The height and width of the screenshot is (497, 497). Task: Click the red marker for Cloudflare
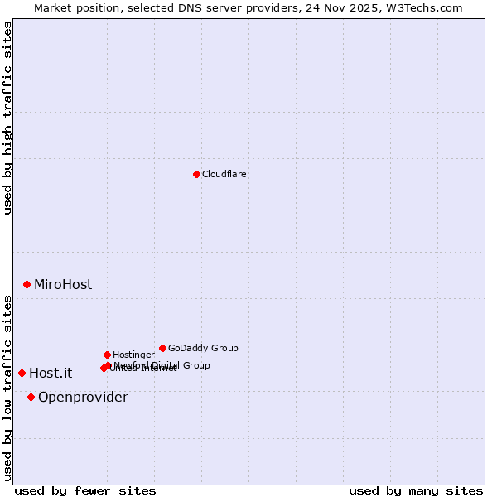[x=196, y=174]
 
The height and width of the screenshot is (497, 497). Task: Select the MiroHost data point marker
[x=27, y=284]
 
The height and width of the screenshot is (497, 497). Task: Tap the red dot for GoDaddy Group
[x=162, y=348]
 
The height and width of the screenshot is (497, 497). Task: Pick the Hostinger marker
[x=107, y=355]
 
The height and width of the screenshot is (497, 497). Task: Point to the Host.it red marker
[x=22, y=373]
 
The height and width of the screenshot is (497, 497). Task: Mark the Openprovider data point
[x=31, y=397]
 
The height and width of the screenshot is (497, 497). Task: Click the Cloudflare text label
[x=224, y=175]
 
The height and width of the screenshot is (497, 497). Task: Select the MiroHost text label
[x=63, y=284]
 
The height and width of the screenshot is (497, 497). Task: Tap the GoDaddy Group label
[x=203, y=348]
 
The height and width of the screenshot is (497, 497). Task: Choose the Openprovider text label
[x=83, y=397]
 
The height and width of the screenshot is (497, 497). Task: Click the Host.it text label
[x=51, y=373]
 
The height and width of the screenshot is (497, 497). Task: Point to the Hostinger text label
[x=133, y=355]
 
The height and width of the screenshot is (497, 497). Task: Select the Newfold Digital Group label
[x=162, y=364]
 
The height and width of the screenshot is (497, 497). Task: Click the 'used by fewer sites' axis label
[x=85, y=490]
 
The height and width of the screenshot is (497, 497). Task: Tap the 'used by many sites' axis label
[x=416, y=490]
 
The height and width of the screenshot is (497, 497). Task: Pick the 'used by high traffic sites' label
[x=7, y=118]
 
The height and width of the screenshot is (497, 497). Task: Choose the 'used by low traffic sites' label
[x=7, y=388]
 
